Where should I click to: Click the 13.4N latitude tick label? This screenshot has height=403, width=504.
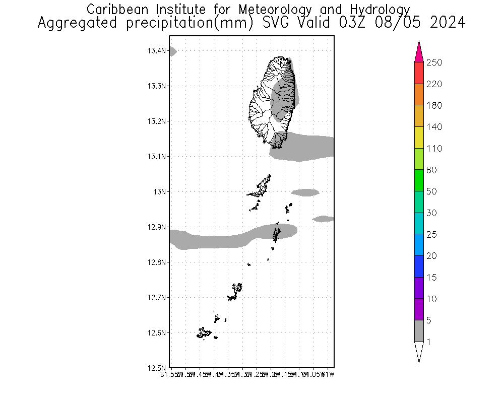157,51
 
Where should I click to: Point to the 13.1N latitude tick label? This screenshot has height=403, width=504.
157,157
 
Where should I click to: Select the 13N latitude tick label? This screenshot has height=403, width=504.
160,192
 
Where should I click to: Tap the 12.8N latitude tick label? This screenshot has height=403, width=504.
157,262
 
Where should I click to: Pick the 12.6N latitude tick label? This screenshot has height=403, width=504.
157,333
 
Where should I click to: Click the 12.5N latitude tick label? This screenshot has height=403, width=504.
157,368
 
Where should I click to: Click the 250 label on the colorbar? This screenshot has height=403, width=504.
435,62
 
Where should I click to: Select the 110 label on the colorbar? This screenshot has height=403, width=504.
435,149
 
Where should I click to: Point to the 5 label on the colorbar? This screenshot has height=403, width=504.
431,320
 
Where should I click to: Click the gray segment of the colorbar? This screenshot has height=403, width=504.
419,331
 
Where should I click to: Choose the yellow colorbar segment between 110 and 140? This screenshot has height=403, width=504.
419,138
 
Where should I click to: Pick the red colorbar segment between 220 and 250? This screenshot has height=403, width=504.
419,73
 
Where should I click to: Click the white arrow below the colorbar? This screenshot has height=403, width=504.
419,351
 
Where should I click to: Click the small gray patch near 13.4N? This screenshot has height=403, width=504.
172,51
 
